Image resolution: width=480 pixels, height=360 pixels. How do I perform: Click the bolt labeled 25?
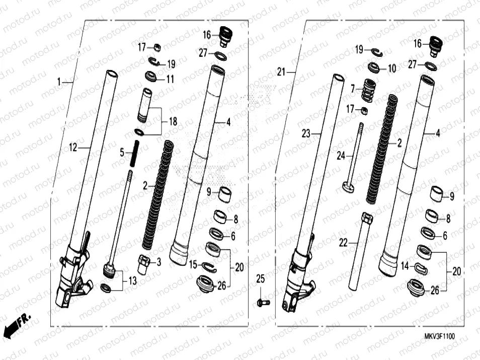point(263,303)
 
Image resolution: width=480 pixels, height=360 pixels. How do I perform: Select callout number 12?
point(73,147)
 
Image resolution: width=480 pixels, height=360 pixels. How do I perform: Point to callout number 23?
point(306,133)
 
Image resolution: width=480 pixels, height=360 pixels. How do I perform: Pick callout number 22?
point(343,243)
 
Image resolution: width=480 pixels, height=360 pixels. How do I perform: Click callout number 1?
point(58,82)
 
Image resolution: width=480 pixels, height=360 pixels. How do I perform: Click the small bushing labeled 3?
point(144,264)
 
